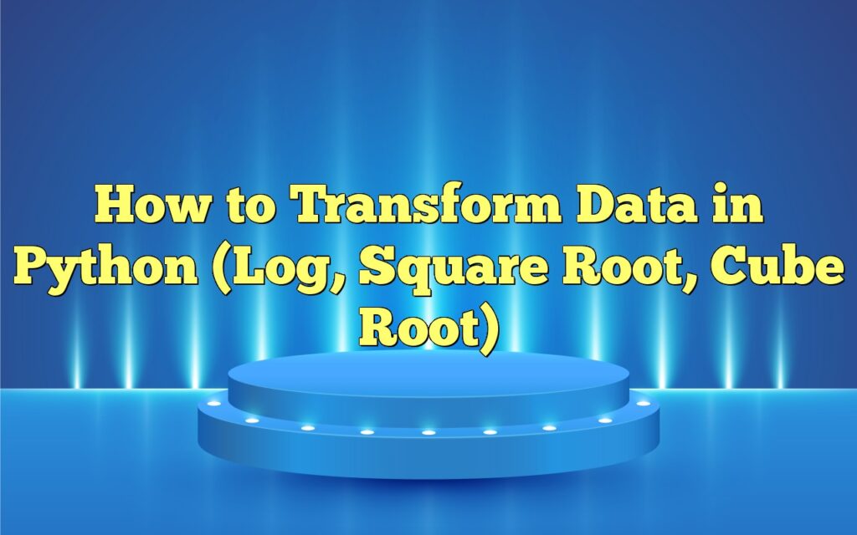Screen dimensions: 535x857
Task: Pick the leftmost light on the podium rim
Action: [214, 404]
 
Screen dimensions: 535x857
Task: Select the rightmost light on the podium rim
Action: [643, 404]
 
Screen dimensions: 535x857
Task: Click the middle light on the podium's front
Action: [428, 432]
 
